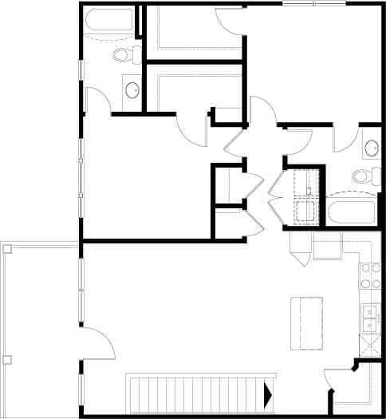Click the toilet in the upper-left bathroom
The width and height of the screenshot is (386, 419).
coord(124,55)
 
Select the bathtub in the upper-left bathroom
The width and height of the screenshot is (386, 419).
coord(109,24)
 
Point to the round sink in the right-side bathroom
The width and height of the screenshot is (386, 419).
coord(371,148)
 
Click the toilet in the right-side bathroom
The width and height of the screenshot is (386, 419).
coord(363,176)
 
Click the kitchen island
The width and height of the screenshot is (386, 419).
coord(306,322)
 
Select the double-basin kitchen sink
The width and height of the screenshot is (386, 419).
coord(370,318)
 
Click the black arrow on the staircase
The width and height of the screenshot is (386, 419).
coord(268,392)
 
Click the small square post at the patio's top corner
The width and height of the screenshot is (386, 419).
coord(9,249)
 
